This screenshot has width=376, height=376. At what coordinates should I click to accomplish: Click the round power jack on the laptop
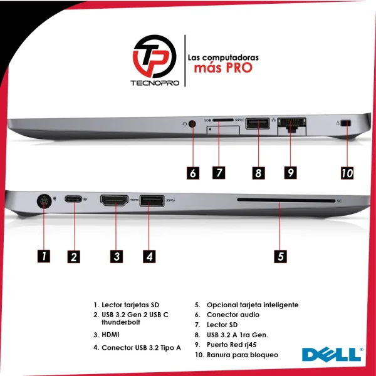(44, 201)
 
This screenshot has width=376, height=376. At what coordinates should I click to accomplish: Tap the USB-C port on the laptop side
(73, 199)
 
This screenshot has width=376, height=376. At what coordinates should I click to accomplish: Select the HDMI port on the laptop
(114, 200)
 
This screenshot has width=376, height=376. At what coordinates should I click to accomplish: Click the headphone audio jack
(192, 124)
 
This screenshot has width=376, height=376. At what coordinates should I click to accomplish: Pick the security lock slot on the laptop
(346, 123)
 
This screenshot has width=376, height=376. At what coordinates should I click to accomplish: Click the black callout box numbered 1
(44, 256)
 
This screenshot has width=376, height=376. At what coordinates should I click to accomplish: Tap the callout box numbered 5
(280, 256)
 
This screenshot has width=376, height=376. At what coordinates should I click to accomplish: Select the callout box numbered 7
(219, 173)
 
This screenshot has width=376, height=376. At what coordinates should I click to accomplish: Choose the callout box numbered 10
(347, 173)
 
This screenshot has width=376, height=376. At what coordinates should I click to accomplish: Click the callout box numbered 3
(117, 256)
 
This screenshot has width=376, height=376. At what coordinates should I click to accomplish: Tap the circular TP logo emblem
(155, 56)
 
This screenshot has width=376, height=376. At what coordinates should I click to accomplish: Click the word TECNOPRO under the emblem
(155, 83)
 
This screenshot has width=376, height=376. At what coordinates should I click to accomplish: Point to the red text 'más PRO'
(223, 68)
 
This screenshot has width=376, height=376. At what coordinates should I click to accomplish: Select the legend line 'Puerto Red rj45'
(231, 345)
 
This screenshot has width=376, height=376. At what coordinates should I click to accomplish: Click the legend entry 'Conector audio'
(233, 315)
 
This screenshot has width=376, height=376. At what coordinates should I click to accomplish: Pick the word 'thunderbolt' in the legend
(121, 322)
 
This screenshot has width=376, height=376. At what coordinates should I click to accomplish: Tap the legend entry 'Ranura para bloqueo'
(243, 355)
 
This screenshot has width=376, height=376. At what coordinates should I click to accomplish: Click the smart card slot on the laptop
(286, 200)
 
